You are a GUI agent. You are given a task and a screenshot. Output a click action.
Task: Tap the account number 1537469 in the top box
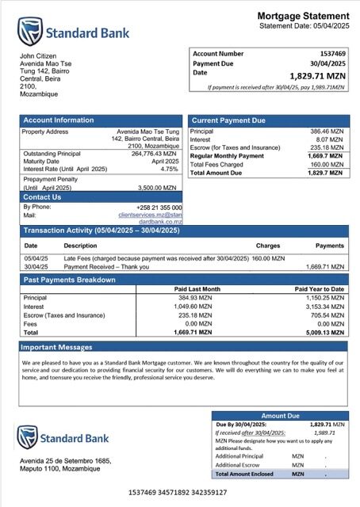tap(327, 53)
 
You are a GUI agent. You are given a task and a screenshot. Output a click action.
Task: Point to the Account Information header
tap(58, 120)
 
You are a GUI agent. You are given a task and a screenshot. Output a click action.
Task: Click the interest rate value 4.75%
tap(169, 169)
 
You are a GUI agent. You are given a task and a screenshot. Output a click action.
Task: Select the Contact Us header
tap(42, 197)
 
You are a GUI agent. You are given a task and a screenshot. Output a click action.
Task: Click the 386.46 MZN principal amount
tap(326, 131)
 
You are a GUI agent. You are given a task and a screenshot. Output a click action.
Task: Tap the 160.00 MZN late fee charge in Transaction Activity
tap(268, 258)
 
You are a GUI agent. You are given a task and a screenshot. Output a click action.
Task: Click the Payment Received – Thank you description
tap(106, 267)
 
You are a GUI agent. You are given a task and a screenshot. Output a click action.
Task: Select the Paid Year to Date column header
tap(319, 289)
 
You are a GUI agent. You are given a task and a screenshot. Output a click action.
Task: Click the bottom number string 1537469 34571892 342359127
tap(178, 493)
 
